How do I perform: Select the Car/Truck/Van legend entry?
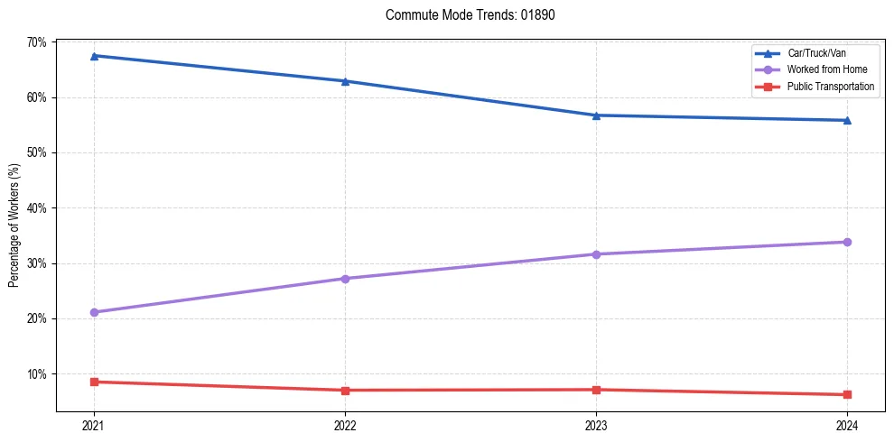tap(816, 53)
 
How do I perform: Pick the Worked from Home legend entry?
tap(823, 69)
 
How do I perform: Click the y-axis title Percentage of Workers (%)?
tap(14, 226)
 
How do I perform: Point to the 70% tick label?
tap(36, 42)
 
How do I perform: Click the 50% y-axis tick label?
tap(36, 152)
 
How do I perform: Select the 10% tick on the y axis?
tap(36, 373)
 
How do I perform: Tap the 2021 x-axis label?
tap(94, 425)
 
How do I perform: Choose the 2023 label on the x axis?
tap(596, 425)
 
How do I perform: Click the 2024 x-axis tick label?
tap(847, 425)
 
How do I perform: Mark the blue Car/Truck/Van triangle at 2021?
tap(94, 56)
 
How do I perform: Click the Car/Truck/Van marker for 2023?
tap(596, 115)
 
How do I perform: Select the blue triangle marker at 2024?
tap(847, 120)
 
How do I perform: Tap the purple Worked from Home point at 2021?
tap(94, 312)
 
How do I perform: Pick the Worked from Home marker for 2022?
tap(345, 279)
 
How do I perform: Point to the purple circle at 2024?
tap(847, 242)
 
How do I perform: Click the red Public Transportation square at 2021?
tap(94, 382)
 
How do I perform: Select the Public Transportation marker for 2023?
tap(596, 390)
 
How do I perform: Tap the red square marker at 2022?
tap(345, 391)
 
